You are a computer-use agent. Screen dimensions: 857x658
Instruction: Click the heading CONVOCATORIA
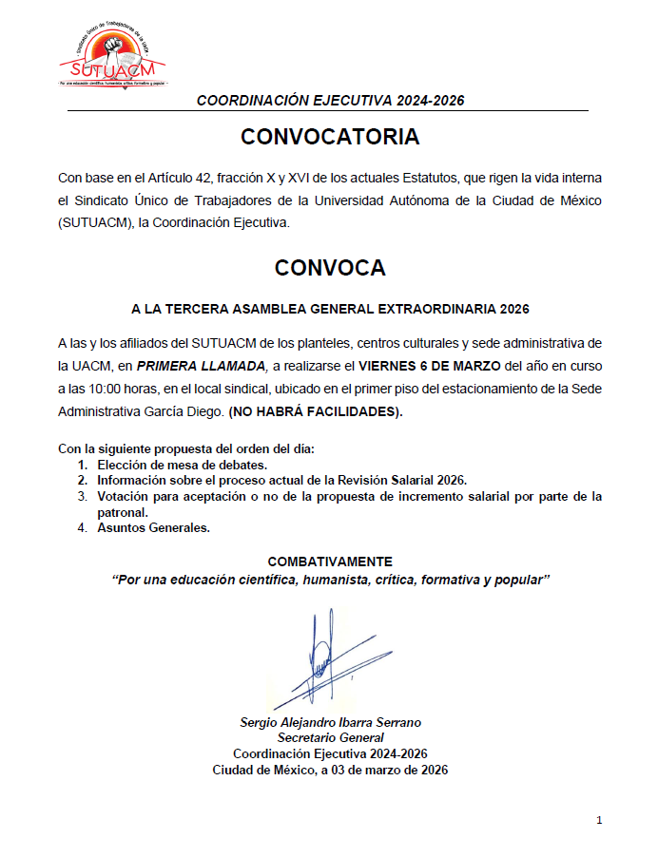329,137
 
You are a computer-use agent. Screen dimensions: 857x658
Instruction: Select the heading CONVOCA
329,268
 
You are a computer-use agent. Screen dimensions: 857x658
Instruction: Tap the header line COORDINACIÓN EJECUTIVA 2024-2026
329,101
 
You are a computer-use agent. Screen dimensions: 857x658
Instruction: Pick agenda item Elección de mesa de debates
183,466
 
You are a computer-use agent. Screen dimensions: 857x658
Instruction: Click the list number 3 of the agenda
82,497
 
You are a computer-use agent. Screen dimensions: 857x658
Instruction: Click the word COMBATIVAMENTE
329,562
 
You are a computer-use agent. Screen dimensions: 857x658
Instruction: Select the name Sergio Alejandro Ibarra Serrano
330,723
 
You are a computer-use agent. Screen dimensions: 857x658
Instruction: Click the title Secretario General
330,738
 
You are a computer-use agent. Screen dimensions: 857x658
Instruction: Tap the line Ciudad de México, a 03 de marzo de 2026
330,770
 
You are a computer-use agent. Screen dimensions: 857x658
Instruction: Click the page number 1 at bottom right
600,820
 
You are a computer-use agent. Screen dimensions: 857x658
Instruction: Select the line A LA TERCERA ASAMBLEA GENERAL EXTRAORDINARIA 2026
329,310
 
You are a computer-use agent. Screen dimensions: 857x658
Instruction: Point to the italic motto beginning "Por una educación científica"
330,579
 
